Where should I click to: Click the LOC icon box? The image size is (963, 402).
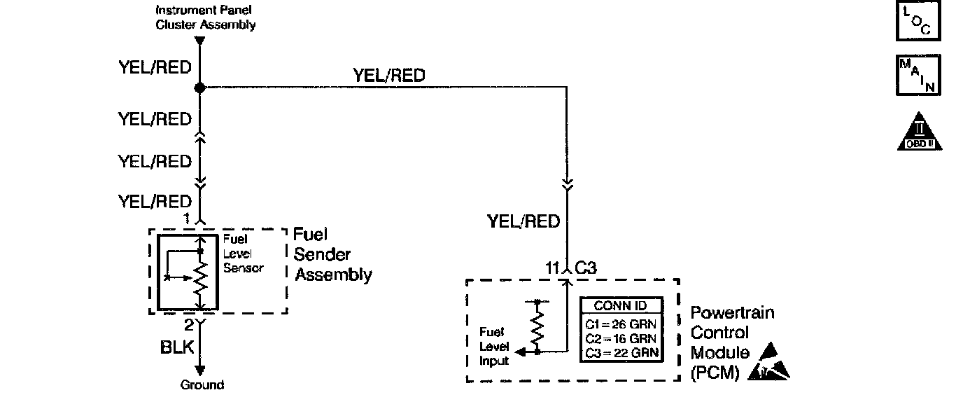[918, 22]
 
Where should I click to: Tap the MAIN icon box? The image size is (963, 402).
[918, 76]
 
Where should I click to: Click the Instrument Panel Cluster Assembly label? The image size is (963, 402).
[205, 18]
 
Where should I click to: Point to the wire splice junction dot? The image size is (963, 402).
[199, 88]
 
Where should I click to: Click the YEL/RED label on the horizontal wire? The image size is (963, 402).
[389, 75]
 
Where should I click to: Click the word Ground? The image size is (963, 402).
[202, 384]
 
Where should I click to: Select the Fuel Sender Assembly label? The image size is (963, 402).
[332, 254]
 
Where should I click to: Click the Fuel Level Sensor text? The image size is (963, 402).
[243, 254]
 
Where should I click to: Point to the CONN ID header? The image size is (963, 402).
[620, 305]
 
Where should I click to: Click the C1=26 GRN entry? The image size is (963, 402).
[620, 324]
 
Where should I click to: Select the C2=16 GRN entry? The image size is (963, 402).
[620, 338]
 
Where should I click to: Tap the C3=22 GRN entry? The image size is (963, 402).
[620, 352]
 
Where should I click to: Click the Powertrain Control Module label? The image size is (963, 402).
[731, 342]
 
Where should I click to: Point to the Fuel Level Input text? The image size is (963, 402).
[493, 346]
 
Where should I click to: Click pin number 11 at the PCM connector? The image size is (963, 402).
[553, 267]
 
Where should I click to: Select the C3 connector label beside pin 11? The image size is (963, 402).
[586, 267]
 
